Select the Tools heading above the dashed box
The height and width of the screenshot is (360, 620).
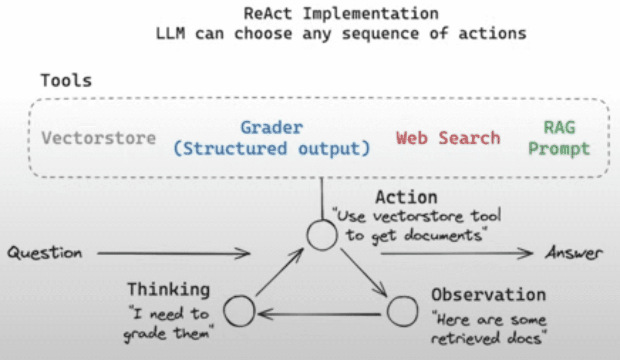(66, 81)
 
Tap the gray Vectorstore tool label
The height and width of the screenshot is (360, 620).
(99, 138)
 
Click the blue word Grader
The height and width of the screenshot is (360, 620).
(272, 127)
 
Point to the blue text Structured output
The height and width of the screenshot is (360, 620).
(272, 149)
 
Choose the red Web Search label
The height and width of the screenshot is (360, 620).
(448, 138)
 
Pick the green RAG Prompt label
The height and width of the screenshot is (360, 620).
(559, 138)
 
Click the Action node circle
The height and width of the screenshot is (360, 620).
(322, 235)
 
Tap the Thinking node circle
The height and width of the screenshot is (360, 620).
(239, 310)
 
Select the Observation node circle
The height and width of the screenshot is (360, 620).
(402, 311)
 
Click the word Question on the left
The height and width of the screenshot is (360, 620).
(45, 253)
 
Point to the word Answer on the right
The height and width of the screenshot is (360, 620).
(573, 253)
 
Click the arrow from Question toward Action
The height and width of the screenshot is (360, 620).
(172, 254)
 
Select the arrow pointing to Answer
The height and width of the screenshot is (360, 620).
(456, 253)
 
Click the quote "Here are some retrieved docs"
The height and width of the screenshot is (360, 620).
(488, 330)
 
